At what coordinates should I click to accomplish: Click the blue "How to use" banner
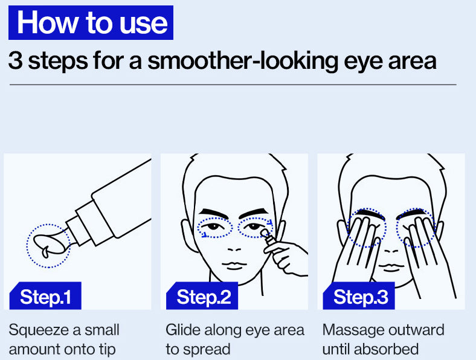pos(91,22)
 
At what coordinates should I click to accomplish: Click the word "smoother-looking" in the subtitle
pos(243,62)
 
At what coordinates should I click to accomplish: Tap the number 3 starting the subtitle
pos(15,61)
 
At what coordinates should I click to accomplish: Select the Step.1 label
pos(45,296)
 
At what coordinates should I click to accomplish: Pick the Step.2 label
pos(202,296)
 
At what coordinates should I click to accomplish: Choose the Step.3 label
pos(359,296)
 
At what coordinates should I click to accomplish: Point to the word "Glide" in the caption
pos(183,330)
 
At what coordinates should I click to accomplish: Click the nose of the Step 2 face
pos(234,249)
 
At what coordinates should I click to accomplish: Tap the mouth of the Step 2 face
pos(234,265)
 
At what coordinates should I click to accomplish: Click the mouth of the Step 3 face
pos(391,268)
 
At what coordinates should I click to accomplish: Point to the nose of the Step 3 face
pos(391,251)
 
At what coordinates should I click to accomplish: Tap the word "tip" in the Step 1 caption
pos(108,350)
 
